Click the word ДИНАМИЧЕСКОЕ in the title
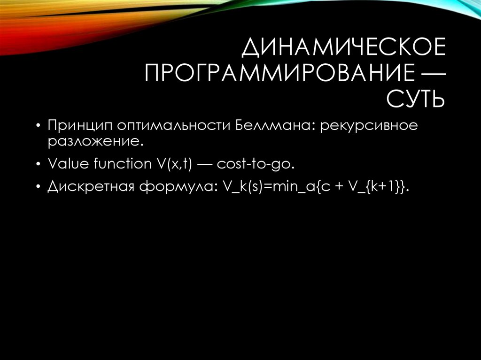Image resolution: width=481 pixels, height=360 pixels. pos(344,49)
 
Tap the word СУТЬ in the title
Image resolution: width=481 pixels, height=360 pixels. pos(415,99)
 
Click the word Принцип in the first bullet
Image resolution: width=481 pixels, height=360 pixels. pos(79,126)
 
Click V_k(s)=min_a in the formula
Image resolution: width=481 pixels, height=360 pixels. pos(266,187)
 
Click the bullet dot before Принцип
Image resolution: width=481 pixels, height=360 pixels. pos(38,127)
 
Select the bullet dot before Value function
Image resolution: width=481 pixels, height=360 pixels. pos(38,164)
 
